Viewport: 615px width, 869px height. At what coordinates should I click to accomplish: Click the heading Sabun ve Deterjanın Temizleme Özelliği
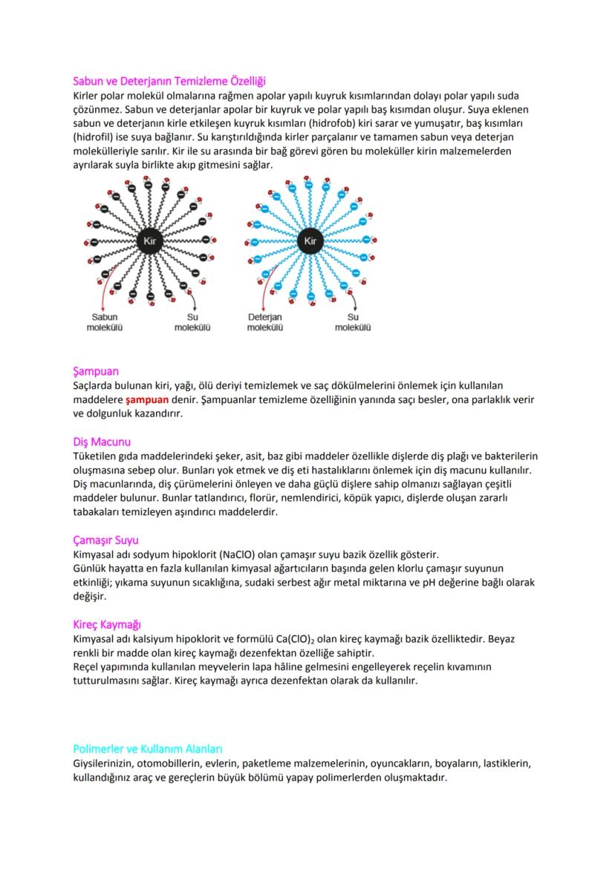point(169,80)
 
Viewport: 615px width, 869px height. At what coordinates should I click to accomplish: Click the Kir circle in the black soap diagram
point(149,240)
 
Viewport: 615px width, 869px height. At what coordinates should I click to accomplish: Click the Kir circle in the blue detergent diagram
point(310,240)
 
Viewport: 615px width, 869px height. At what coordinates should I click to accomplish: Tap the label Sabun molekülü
point(104,322)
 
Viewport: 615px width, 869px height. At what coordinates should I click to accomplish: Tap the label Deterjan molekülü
point(264,322)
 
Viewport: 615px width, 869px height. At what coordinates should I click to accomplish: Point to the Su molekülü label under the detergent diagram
point(353,322)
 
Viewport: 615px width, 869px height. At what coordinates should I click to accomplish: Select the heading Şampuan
point(96,370)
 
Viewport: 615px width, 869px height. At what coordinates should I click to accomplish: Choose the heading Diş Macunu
point(102,442)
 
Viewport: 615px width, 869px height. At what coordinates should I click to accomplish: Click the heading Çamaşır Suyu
point(105,540)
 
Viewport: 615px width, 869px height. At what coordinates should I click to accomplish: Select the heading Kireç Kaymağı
point(107,625)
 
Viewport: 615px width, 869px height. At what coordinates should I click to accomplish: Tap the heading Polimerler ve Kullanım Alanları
point(148,749)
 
